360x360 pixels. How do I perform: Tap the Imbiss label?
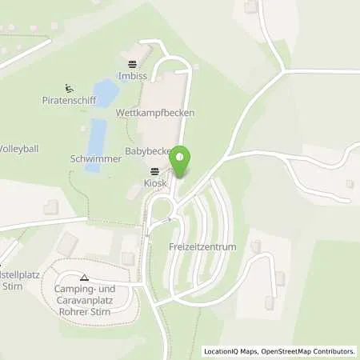(x=132, y=77)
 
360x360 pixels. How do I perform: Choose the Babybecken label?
(x=149, y=150)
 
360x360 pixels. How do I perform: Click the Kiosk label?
(x=154, y=183)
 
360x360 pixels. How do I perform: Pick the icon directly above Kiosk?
(x=154, y=171)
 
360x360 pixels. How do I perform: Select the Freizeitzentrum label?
(x=203, y=247)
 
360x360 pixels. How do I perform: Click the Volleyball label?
(x=18, y=149)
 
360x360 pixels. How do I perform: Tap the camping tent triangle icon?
(x=85, y=277)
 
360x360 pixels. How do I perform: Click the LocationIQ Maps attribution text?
(x=230, y=351)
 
